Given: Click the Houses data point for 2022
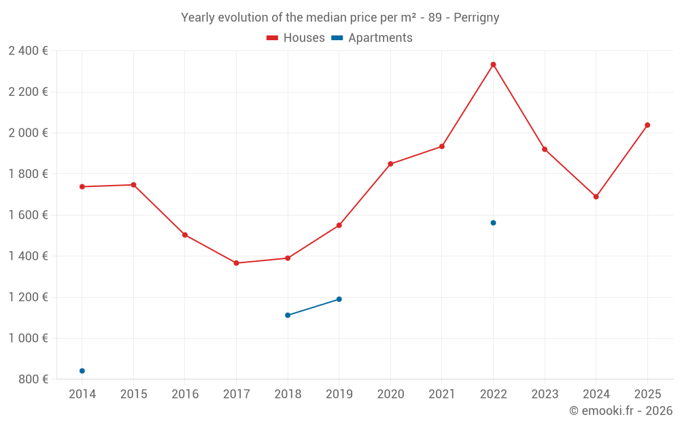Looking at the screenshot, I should (x=493, y=65).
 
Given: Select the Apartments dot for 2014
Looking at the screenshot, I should (x=82, y=371).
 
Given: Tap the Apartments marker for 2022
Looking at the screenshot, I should (x=493, y=223).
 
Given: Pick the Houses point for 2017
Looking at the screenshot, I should (x=236, y=263).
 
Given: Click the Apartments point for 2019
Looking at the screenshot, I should (x=339, y=299).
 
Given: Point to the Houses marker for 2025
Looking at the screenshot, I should (x=647, y=125).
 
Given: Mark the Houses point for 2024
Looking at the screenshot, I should (x=596, y=197).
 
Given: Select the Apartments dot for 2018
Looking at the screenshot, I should (x=288, y=315).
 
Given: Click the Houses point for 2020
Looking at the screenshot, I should (x=390, y=164).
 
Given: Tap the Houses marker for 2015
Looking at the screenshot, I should (x=133, y=185).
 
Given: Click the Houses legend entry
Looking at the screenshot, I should (x=296, y=38).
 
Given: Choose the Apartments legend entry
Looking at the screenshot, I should (x=372, y=38).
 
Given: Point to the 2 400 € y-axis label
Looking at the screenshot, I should (x=28, y=51).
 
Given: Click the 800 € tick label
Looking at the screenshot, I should (x=33, y=379).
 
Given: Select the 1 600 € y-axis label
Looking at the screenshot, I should (x=28, y=215).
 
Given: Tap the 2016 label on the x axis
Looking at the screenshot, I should (x=185, y=394).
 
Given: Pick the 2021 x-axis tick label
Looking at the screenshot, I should (x=441, y=394).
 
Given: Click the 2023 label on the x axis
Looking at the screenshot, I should (x=544, y=394).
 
